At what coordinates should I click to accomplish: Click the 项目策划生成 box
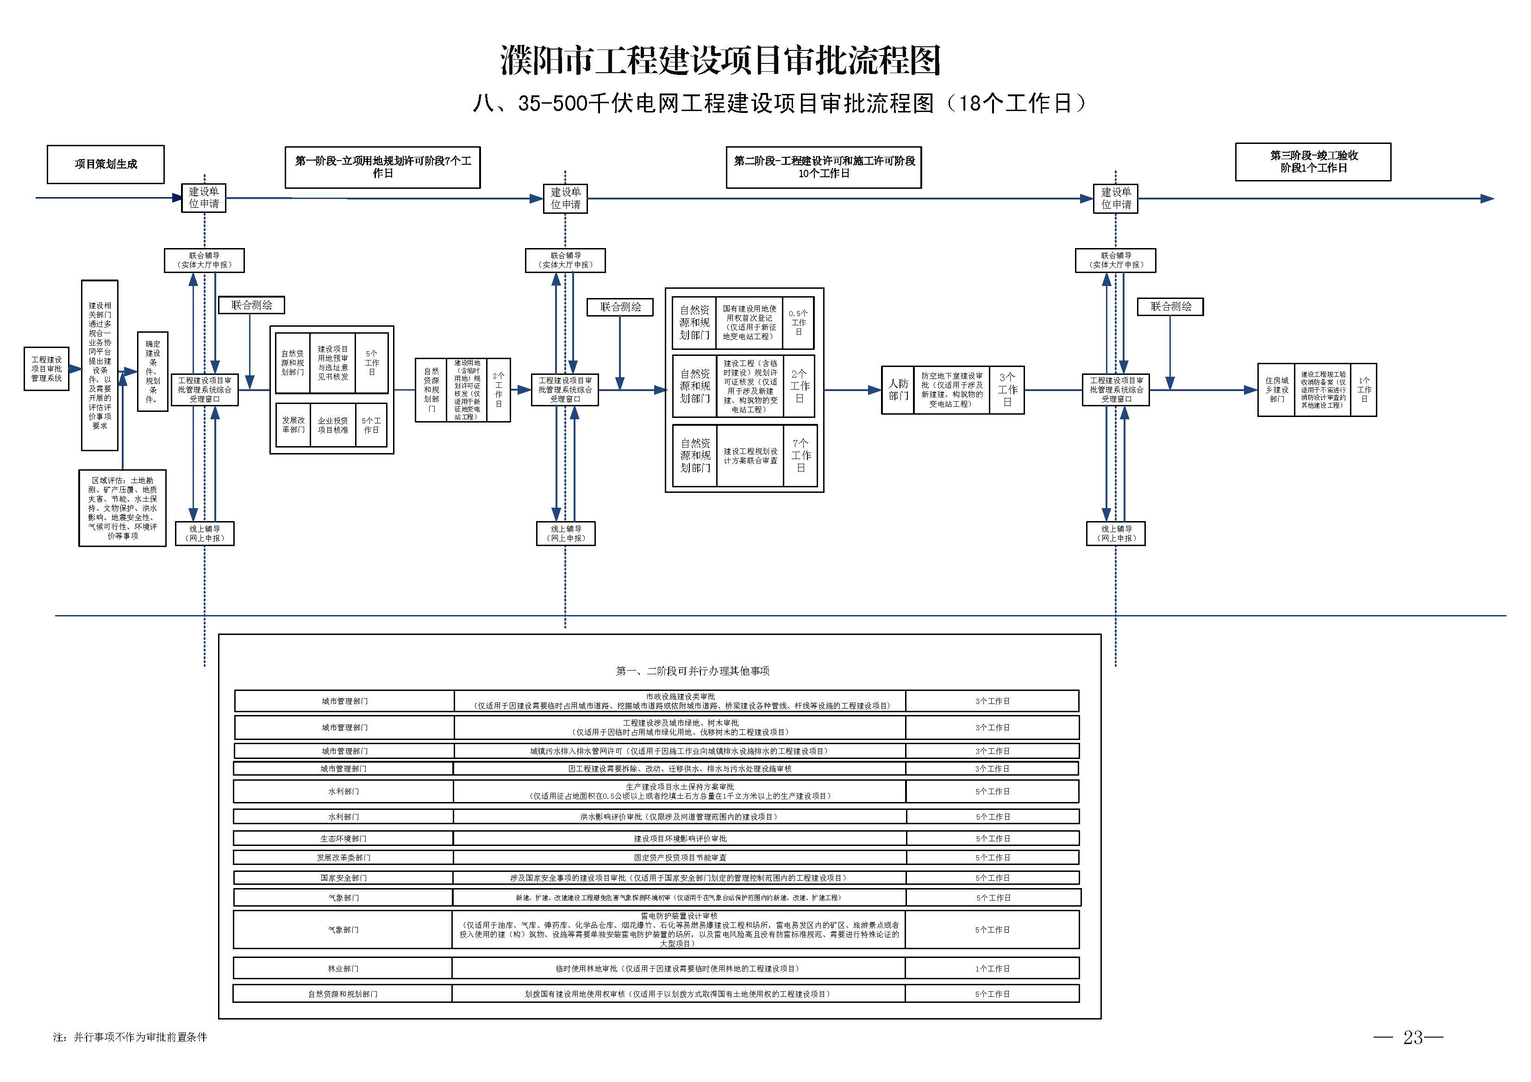click(106, 164)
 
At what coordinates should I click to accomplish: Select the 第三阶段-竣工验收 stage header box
click(1312, 162)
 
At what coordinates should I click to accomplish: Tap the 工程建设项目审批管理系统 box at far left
click(47, 369)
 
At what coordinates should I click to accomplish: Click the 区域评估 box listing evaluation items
click(123, 508)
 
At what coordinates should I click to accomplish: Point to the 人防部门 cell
click(898, 390)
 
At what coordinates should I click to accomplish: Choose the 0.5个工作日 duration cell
click(798, 323)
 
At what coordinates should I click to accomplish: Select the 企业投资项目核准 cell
click(333, 425)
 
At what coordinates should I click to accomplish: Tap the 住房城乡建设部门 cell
click(1276, 390)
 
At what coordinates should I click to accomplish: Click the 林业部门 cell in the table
click(343, 969)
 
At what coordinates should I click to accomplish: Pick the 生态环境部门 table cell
click(343, 839)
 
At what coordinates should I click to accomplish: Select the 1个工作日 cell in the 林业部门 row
click(992, 969)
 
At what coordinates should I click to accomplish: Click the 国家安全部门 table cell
click(343, 878)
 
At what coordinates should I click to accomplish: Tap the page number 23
click(1412, 1037)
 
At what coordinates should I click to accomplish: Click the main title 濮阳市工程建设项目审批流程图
click(720, 62)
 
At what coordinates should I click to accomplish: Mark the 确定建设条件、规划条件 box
click(153, 371)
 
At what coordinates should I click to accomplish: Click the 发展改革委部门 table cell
click(343, 858)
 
